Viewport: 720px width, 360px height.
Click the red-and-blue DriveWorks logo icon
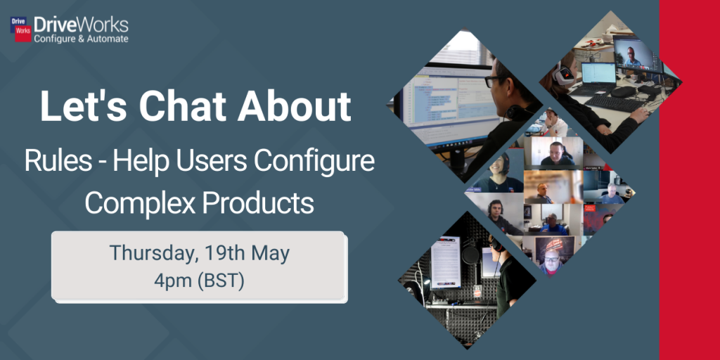20,30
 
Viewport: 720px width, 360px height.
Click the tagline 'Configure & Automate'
82,39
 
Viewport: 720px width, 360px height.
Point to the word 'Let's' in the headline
84,106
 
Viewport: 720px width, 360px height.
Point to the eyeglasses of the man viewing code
492,82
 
